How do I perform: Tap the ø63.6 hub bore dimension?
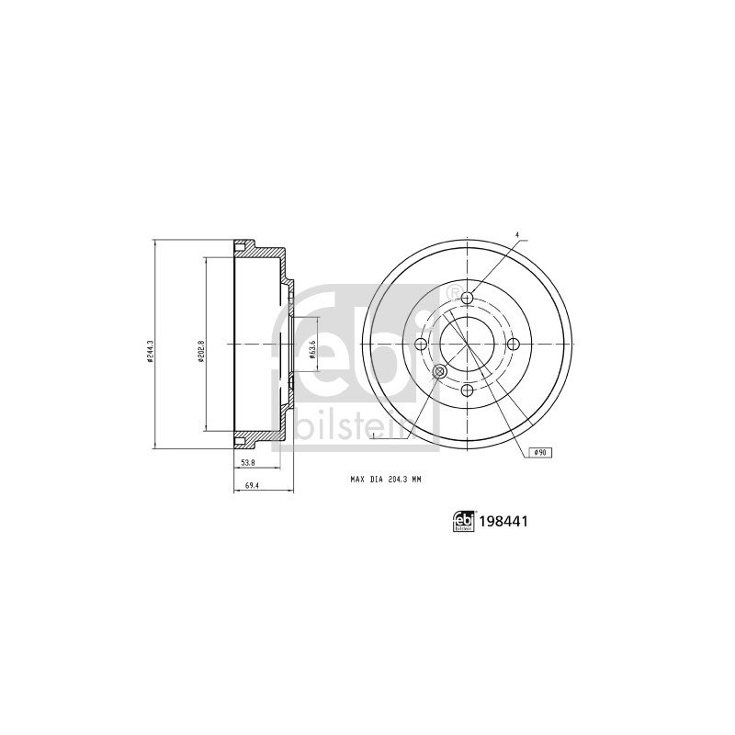(x=311, y=349)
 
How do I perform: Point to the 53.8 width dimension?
(x=247, y=463)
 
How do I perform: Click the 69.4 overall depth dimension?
(x=252, y=486)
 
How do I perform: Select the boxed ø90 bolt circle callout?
(x=540, y=452)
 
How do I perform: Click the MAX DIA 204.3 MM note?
(x=387, y=479)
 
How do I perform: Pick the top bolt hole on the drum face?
(x=468, y=298)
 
